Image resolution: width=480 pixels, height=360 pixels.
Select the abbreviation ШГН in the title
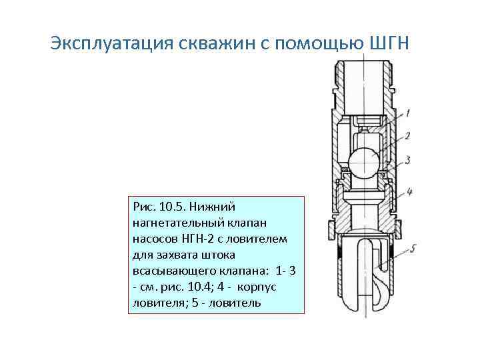click(x=392, y=43)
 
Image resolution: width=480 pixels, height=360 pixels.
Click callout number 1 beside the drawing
click(x=407, y=113)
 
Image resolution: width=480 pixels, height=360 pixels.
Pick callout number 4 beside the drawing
click(x=409, y=191)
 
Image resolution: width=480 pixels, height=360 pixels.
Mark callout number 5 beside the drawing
click(x=413, y=249)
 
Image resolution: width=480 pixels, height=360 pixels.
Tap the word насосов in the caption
click(x=151, y=238)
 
